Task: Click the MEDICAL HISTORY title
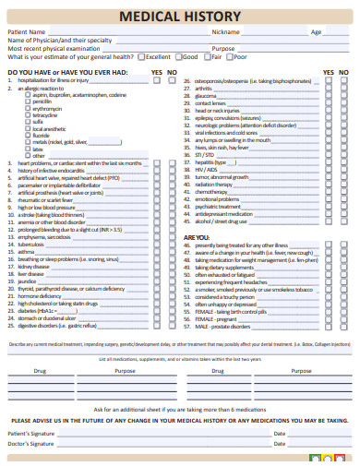click(x=180, y=17)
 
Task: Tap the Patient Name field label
click(x=26, y=31)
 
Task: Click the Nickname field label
click(x=226, y=31)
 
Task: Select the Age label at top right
click(x=316, y=31)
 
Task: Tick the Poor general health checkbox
click(x=233, y=56)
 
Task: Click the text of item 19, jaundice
click(x=30, y=281)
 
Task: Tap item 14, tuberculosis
click(x=31, y=244)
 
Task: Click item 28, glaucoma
click(x=206, y=95)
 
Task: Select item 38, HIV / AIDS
click(x=206, y=170)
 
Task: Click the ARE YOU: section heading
click(x=197, y=237)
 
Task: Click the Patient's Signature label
click(x=31, y=433)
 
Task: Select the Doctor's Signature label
click(x=30, y=444)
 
